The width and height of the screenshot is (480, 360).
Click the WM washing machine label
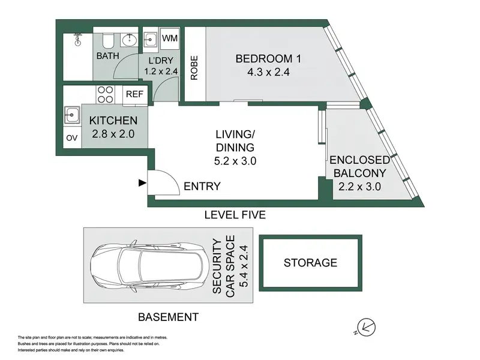[170, 38]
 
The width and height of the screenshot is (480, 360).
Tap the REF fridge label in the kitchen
[134, 94]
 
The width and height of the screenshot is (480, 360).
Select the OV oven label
[71, 138]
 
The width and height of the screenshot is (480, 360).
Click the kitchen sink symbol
[71, 115]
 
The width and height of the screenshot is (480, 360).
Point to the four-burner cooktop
[105, 94]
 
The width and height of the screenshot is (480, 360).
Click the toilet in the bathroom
[108, 41]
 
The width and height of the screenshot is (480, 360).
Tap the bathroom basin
[130, 40]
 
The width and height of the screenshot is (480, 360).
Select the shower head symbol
[79, 40]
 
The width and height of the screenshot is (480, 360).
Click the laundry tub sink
[150, 40]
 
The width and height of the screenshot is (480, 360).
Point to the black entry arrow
[142, 183]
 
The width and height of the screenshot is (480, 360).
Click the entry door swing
[163, 182]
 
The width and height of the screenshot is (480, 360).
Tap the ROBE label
[194, 68]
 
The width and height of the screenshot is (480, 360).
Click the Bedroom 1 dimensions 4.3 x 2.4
[268, 72]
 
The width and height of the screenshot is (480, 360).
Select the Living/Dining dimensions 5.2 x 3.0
[235, 161]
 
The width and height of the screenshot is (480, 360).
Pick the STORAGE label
[310, 263]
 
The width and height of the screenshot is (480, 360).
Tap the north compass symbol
[366, 328]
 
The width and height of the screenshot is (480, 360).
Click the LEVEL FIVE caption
[235, 215]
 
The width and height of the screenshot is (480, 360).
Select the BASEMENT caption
[169, 317]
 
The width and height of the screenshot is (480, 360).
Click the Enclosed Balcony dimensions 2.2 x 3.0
[359, 187]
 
